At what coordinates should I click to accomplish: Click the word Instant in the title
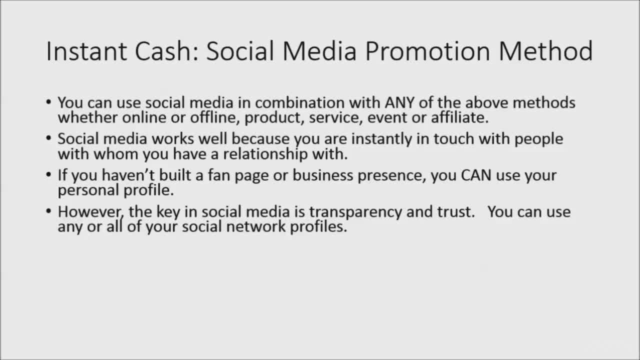tap(86, 51)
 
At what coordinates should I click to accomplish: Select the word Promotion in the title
tap(427, 51)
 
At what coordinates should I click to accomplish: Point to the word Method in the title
tap(545, 51)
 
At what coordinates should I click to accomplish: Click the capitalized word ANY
tap(399, 102)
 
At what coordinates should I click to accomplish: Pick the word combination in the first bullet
tap(299, 102)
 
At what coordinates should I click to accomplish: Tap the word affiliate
tap(459, 117)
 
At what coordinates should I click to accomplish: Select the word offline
tap(215, 117)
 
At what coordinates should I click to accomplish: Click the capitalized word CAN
tap(476, 175)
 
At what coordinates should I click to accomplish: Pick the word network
tap(255, 226)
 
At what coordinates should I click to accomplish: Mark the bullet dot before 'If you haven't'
tap(48, 174)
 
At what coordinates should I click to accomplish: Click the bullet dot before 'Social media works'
tap(48, 137)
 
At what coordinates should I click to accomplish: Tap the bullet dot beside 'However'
tap(48, 211)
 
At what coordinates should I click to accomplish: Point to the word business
tap(323, 175)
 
